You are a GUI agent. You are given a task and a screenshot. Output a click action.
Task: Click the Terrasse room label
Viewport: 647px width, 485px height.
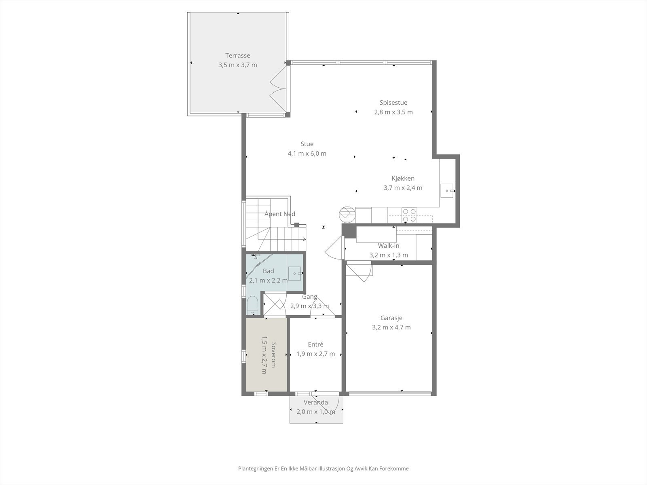point(238,55)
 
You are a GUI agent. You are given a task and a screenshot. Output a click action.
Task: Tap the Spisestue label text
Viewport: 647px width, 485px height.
point(393,103)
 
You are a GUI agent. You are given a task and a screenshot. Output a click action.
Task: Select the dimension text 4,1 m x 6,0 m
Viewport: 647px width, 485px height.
point(307,154)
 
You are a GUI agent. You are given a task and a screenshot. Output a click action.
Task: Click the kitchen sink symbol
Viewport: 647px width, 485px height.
point(446,190)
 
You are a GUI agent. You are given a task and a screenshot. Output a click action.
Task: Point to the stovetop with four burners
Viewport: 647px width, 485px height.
point(409,215)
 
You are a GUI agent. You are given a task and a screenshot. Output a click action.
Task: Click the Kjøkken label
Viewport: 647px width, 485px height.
point(403,178)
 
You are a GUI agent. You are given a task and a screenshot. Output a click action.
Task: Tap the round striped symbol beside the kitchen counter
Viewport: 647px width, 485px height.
point(347,213)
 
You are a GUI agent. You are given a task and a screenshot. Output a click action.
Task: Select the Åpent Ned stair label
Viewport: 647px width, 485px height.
point(279,214)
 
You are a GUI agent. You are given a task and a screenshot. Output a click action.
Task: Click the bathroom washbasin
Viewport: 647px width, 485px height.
point(294,273)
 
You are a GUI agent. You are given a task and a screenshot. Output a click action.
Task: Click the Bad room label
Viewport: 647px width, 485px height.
point(268,271)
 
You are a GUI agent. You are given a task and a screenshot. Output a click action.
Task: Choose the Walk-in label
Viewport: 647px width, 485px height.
point(389,246)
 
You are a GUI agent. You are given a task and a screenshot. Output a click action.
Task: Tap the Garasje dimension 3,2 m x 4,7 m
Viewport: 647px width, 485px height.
point(391,327)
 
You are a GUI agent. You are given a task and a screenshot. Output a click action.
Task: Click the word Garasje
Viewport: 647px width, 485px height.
point(391,318)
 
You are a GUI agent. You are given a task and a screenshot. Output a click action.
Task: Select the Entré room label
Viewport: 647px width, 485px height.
point(315,344)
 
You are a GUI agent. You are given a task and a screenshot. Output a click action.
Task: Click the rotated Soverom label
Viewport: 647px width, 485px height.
point(273,354)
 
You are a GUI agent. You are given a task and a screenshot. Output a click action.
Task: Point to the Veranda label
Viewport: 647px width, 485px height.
point(316,402)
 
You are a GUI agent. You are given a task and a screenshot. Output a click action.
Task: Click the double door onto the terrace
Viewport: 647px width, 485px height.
point(278,89)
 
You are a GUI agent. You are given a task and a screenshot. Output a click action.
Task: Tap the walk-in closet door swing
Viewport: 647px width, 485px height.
point(334,249)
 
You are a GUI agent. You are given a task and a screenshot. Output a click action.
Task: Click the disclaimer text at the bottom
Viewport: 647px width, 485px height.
point(323,468)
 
